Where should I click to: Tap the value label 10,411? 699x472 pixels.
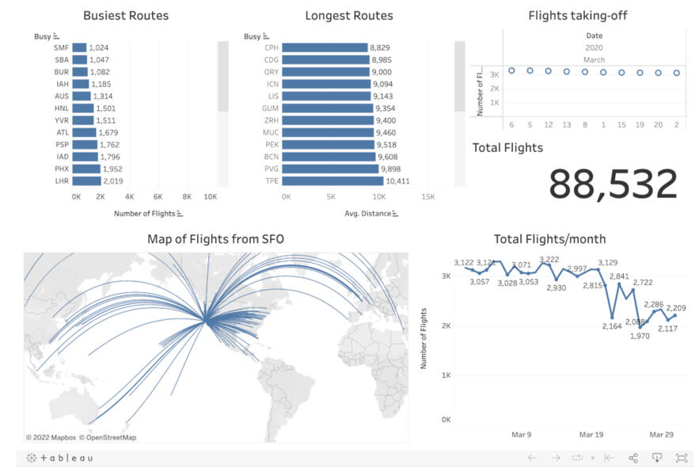(x=397, y=181)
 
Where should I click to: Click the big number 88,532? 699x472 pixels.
(x=613, y=185)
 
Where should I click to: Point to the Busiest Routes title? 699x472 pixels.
(x=126, y=16)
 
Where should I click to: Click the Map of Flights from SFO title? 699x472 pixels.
(x=215, y=239)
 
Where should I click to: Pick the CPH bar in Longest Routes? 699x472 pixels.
(x=325, y=48)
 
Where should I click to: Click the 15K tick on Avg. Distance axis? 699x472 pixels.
(x=427, y=196)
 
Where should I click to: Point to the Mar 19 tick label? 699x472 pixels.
(x=591, y=435)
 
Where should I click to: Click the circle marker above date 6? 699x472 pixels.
(x=511, y=70)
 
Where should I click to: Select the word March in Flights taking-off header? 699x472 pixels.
(x=594, y=59)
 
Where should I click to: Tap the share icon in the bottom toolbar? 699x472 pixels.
(x=633, y=458)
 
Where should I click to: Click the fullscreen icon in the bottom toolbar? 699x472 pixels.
(x=681, y=458)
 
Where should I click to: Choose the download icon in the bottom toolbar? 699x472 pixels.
(x=657, y=458)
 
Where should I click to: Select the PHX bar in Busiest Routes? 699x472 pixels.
(x=86, y=169)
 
